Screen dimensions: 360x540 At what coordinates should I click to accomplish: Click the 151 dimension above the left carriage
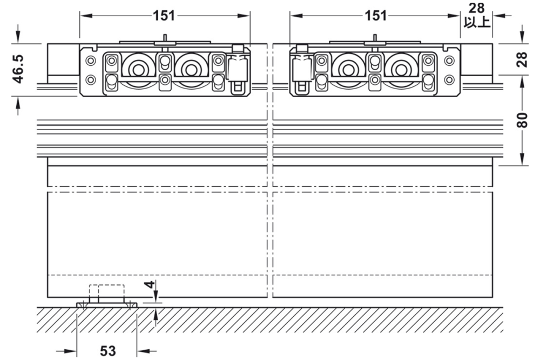click(x=164, y=16)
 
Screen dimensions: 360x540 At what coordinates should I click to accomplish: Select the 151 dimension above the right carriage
click(x=376, y=16)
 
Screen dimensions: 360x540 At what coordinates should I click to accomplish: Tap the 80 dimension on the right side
click(x=522, y=120)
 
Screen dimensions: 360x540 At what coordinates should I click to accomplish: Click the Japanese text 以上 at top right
click(x=477, y=23)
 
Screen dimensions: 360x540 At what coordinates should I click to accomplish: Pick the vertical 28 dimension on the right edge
click(x=522, y=60)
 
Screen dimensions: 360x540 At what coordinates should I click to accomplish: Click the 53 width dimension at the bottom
click(x=108, y=351)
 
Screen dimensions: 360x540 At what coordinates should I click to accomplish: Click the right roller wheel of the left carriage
click(x=189, y=69)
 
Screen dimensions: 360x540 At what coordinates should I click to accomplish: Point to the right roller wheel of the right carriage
click(x=400, y=69)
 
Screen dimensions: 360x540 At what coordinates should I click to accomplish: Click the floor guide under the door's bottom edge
click(x=106, y=304)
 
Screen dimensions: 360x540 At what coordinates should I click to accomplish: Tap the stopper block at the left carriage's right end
click(x=237, y=68)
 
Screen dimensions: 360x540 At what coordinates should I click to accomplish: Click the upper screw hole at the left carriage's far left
click(x=91, y=59)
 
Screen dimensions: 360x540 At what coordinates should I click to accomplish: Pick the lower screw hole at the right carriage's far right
click(x=449, y=79)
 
